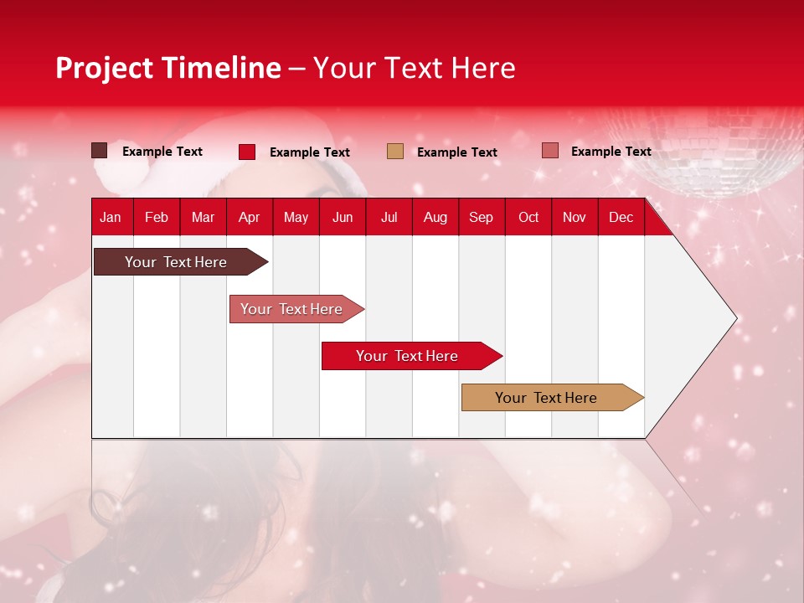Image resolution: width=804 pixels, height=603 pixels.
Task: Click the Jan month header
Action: pos(111,217)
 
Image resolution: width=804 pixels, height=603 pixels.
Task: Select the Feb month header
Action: pos(157,217)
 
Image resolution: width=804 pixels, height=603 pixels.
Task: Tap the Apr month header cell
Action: pos(250,217)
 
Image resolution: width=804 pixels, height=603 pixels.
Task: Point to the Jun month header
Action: pos(343,217)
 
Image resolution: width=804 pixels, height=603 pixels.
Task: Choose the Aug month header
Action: pos(435,217)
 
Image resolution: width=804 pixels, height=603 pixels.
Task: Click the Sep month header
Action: pos(482,217)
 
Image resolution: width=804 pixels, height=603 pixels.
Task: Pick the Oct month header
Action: pos(528,217)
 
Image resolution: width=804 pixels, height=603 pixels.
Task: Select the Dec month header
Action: pos(621,217)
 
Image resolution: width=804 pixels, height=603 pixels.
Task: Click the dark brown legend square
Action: pos(100,151)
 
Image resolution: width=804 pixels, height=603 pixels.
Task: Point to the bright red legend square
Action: pos(247,152)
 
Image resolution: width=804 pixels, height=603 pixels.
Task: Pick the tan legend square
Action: pos(395,151)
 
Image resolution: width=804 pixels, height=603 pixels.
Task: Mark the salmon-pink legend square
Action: pos(549,151)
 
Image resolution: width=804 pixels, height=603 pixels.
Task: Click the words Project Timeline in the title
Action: pos(168,68)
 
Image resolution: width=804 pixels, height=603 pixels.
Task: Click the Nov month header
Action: pos(575,217)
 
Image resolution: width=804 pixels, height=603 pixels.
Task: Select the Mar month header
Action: pos(203,217)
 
